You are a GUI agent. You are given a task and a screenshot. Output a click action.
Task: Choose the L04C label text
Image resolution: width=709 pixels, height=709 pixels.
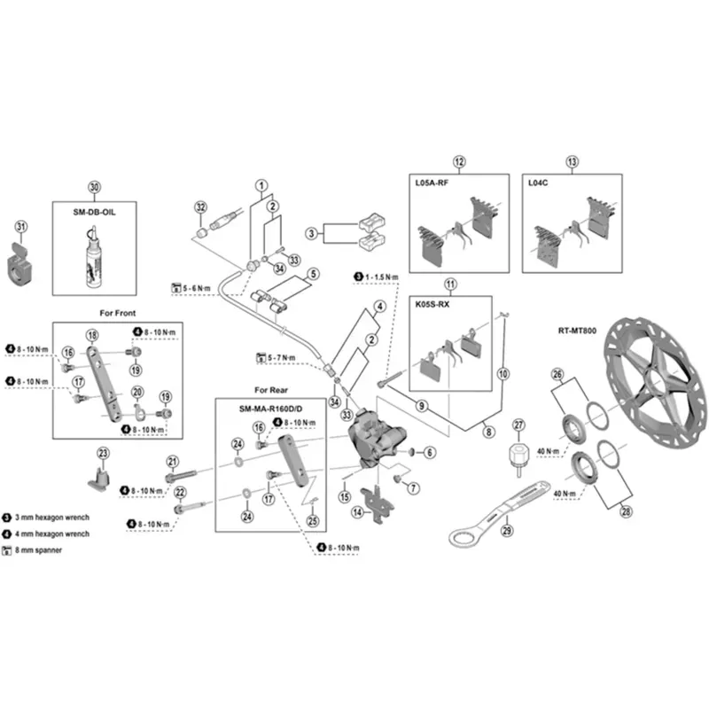540,183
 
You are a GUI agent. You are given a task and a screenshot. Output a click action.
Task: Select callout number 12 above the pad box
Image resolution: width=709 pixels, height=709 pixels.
458,161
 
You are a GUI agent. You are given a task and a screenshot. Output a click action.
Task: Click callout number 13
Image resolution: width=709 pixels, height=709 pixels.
572,161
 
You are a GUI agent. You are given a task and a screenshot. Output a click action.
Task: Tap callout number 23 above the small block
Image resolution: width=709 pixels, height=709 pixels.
103,453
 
